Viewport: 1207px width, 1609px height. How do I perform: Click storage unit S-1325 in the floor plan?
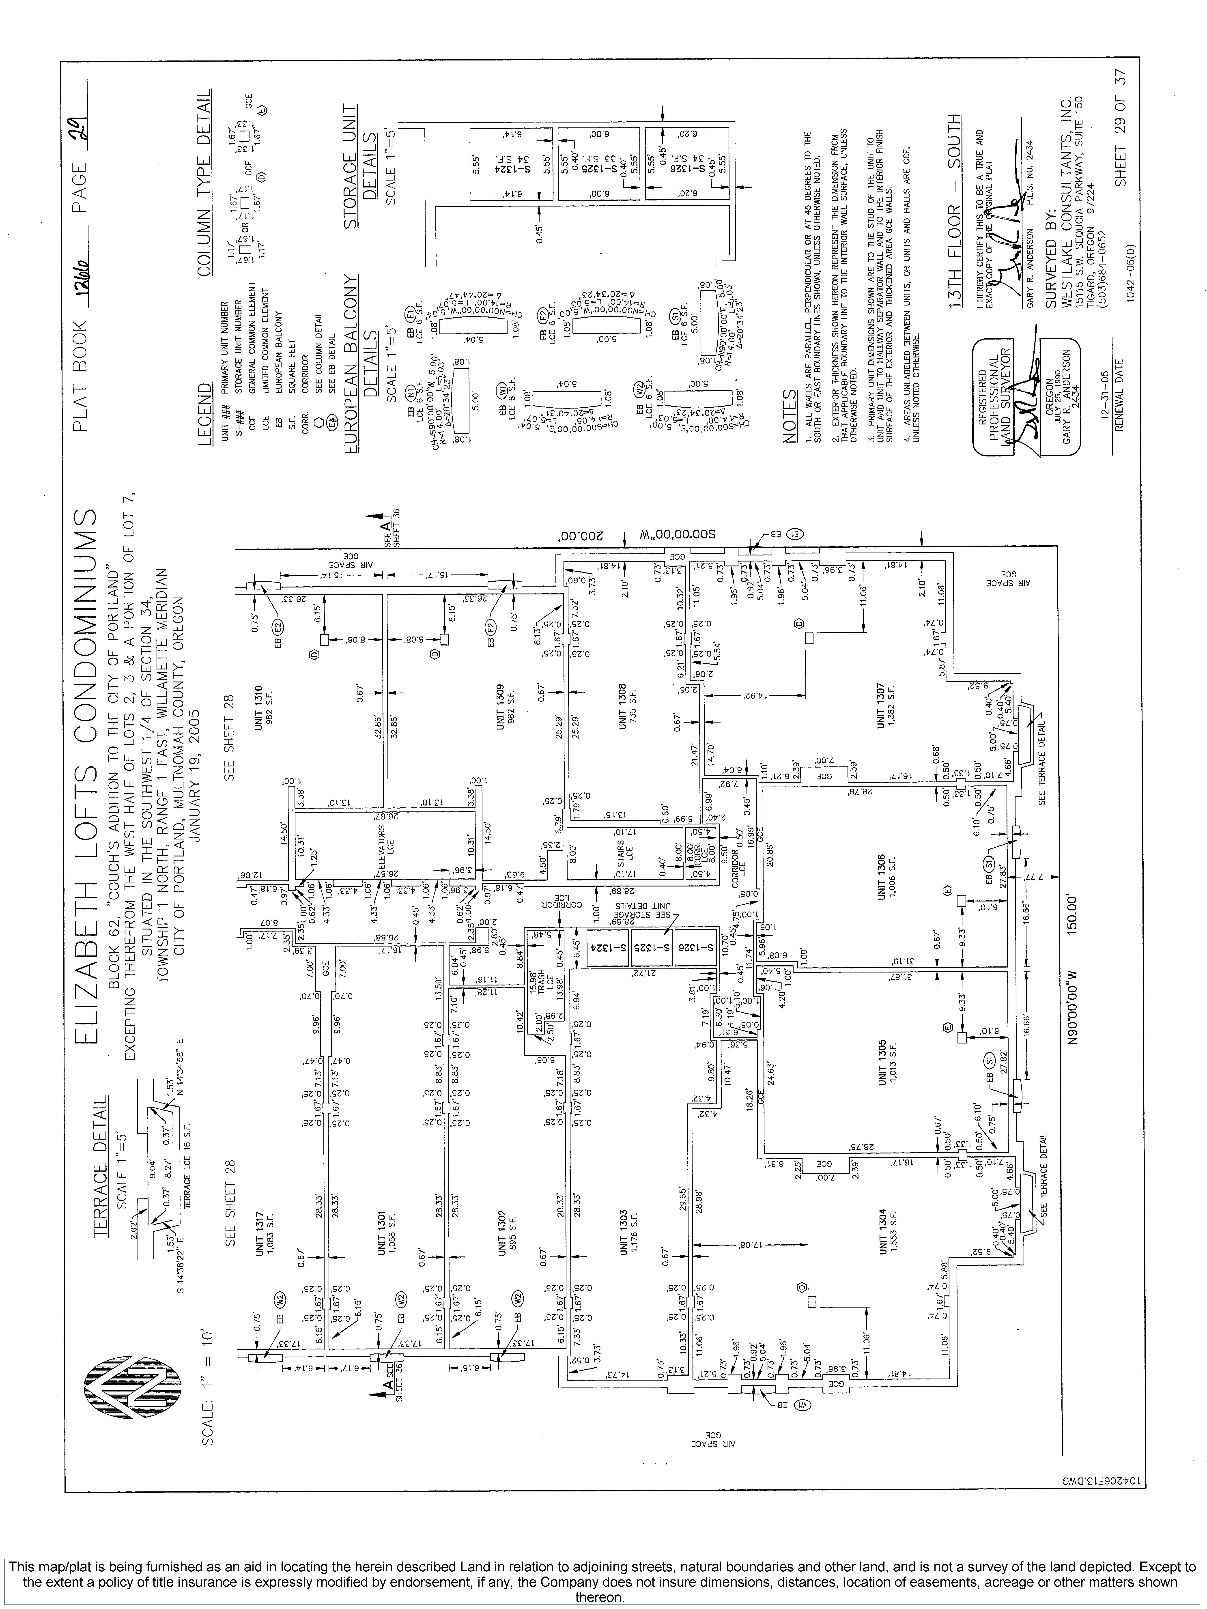[651, 948]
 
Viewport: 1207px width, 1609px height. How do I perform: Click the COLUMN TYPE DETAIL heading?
[206, 182]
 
